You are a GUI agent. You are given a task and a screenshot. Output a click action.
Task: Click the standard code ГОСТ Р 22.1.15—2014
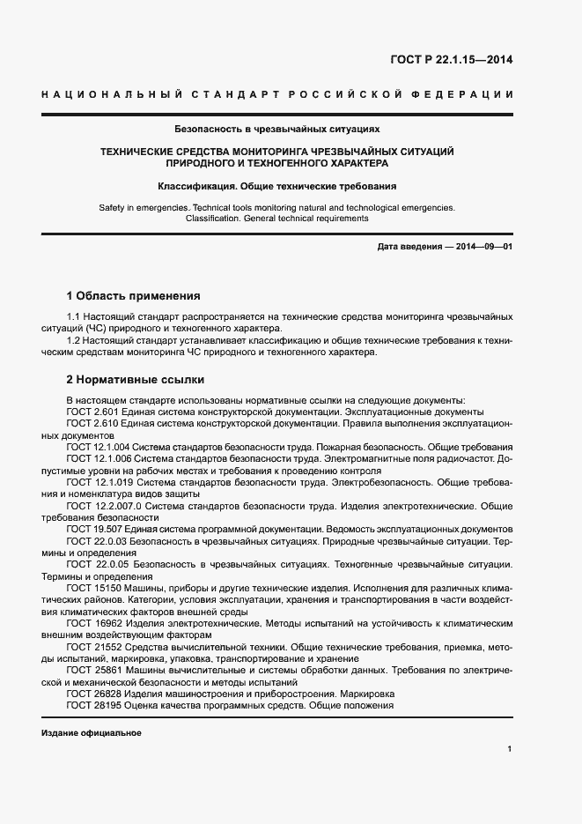pos(451,61)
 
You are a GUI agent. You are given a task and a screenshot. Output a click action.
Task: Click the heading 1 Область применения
pos(134,296)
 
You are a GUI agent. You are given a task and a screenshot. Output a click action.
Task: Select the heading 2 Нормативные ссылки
pos(136,380)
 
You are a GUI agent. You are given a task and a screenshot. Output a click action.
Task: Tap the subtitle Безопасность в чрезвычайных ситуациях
pos(277,129)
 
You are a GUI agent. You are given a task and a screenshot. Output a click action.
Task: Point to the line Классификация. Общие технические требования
pos(277,186)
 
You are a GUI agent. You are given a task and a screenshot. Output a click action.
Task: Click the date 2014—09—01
pos(482,247)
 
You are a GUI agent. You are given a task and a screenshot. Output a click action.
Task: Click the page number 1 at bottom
pos(510,749)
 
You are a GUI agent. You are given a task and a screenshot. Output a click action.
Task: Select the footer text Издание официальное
pos(92,733)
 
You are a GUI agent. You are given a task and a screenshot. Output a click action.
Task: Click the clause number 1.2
pos(74,339)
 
